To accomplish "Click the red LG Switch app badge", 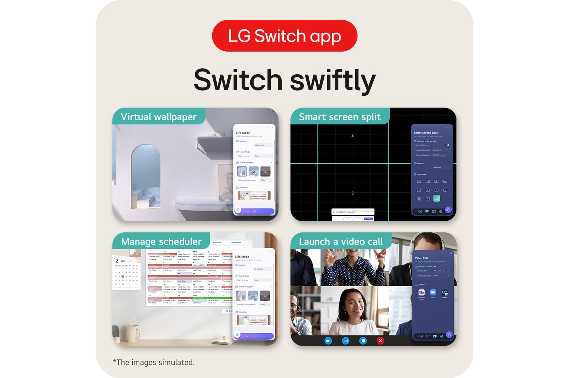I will coord(284,36).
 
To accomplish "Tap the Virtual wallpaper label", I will coord(159,117).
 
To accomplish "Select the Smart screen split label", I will coord(340,117).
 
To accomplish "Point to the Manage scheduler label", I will coord(161,241).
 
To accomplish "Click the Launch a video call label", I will coord(341,241).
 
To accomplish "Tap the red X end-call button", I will coord(380,341).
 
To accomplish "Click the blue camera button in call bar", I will coord(328,341).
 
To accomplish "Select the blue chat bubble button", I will coord(363,341).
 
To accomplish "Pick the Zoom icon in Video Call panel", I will coord(433,292).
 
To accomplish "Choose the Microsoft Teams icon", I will coord(421,292).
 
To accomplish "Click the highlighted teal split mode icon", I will coord(436,198).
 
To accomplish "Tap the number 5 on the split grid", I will coord(352,193).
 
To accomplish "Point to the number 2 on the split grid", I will coord(352,135).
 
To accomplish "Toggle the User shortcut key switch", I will coord(447,145).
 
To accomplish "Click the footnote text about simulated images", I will coord(154,362).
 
